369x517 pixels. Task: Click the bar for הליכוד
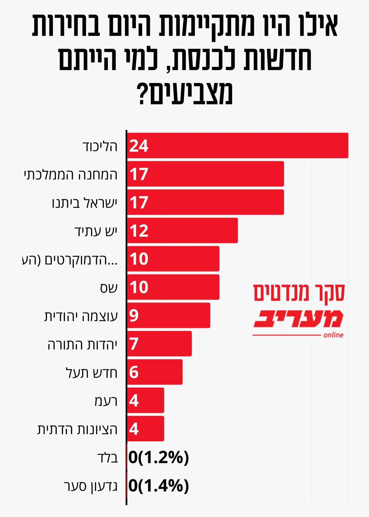click(237, 145)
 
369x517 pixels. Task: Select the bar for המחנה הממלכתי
click(205, 174)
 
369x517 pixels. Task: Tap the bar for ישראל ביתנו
click(205, 202)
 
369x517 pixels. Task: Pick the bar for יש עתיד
click(182, 230)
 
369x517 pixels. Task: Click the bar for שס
click(173, 287)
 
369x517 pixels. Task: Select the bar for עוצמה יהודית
click(168, 315)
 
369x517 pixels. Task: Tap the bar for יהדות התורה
click(159, 344)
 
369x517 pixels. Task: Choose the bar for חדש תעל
click(155, 372)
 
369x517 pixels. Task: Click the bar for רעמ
click(146, 400)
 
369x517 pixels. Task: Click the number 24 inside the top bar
click(139, 146)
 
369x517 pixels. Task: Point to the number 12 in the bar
click(139, 231)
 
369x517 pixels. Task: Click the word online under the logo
click(333, 335)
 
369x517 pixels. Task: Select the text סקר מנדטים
click(299, 293)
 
